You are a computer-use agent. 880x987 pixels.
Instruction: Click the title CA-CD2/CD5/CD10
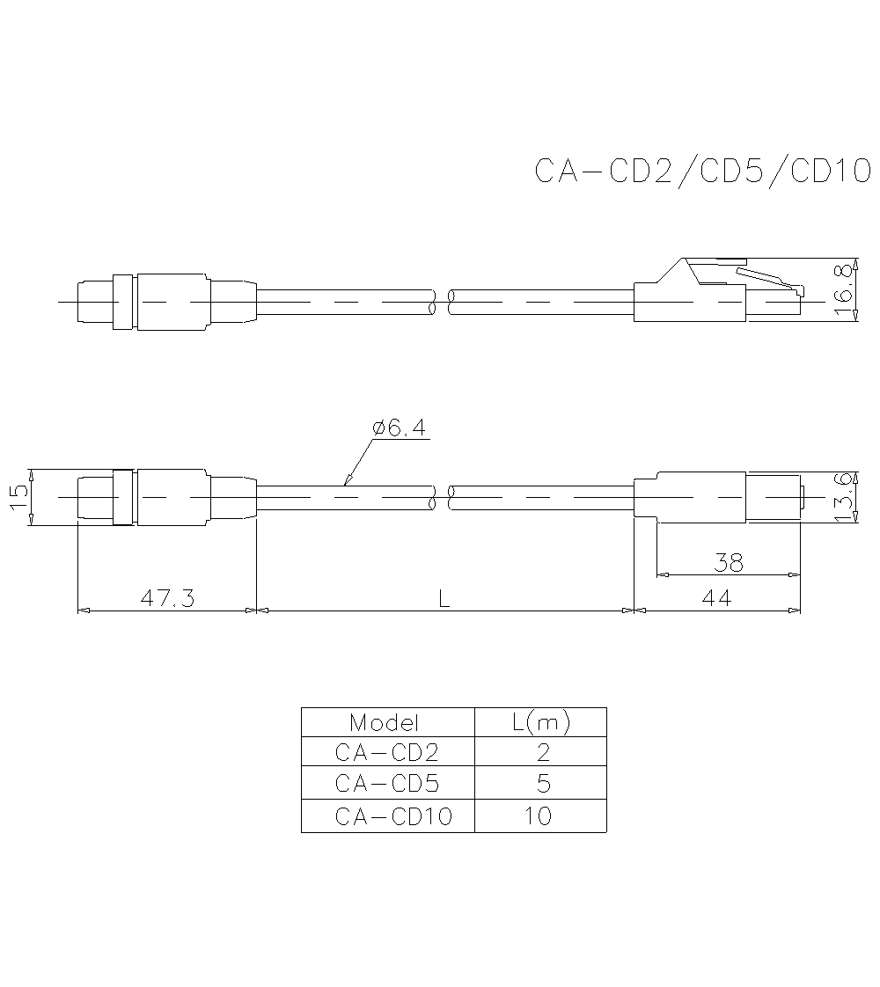[702, 171]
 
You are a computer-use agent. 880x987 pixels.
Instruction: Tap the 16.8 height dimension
[845, 289]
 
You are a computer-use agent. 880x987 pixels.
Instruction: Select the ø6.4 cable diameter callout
[399, 428]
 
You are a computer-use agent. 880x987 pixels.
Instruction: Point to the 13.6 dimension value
[845, 497]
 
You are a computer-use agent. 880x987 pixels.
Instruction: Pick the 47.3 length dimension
[167, 598]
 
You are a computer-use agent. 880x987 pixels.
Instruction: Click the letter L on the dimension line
[444, 598]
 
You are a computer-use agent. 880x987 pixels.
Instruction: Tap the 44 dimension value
[717, 598]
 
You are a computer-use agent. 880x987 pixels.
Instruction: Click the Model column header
[385, 723]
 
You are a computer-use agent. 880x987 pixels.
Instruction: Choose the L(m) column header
[540, 723]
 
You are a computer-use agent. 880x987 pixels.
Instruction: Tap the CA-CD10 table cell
[393, 816]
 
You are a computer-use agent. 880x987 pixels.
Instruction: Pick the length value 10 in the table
[538, 816]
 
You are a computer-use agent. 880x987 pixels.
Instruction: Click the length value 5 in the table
[542, 784]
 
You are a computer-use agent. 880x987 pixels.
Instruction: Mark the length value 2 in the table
[542, 753]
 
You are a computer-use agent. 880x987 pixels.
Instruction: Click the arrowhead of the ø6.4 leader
[346, 482]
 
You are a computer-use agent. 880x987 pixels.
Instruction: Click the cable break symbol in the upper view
[442, 303]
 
